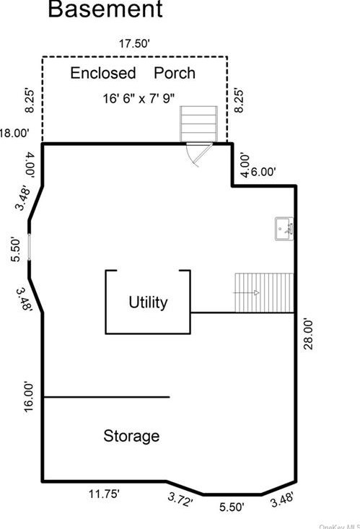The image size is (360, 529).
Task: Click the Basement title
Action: coord(105,9)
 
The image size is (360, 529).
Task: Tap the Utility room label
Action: coord(148,302)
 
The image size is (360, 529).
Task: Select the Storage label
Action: coord(131,436)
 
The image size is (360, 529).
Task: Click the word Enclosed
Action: coord(103,73)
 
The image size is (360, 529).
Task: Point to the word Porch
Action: coord(175,73)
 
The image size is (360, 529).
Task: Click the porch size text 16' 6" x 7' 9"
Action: coord(139,99)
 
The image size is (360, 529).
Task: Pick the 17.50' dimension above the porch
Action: coord(134,43)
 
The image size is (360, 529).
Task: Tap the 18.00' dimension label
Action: coord(14,133)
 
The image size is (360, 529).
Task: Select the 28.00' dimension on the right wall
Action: coord(308,334)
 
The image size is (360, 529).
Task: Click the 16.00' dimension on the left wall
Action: coord(28,397)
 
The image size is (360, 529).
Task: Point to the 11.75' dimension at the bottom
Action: coord(104,494)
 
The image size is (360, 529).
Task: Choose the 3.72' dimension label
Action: coord(180,499)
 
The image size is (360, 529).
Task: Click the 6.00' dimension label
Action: coord(263,172)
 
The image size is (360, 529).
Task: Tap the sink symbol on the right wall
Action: coord(284,229)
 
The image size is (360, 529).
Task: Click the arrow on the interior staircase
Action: coord(246,292)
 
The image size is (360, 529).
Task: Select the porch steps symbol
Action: coord(198,124)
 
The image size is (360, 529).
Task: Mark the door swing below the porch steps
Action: coord(199,154)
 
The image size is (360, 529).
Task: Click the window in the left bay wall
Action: coord(30,247)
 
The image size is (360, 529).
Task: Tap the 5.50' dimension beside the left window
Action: coord(16,250)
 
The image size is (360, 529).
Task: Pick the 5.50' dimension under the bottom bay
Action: coord(232,507)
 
